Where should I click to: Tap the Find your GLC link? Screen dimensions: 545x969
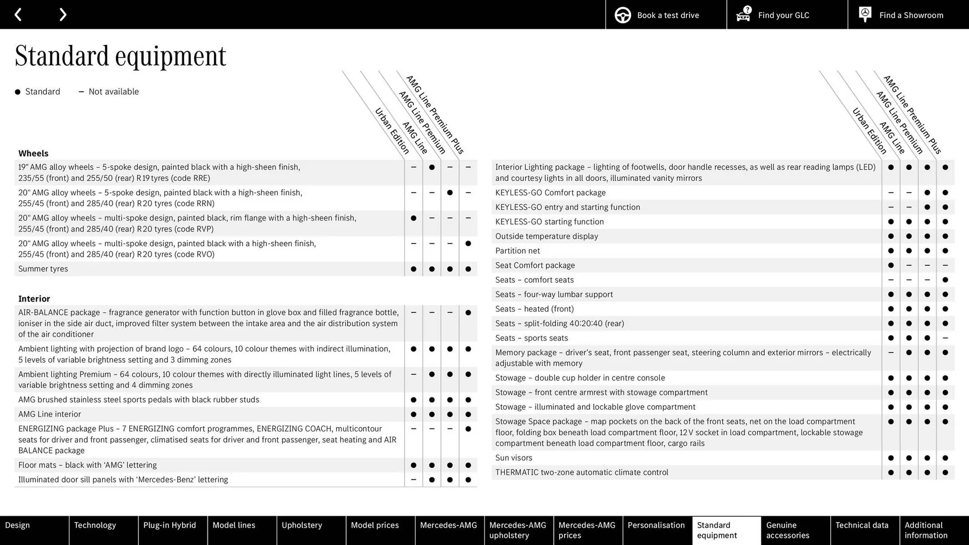783,15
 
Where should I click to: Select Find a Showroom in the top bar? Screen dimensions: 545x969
910,15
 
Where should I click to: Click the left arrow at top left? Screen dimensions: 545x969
18,15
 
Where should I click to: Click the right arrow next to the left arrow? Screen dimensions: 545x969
63,15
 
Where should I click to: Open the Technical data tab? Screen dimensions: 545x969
862,525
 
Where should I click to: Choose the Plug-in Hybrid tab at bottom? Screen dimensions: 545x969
170,525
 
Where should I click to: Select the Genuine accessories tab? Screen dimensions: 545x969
787,530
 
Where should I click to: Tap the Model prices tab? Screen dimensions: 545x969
374,525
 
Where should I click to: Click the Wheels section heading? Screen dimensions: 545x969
33,153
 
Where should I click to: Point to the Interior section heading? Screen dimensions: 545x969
34,299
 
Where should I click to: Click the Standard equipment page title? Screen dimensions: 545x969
121,56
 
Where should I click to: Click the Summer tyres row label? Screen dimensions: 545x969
43,269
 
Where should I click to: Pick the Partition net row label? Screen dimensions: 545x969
517,251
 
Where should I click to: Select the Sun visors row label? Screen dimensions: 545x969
513,458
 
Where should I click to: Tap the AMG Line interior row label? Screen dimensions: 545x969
49,414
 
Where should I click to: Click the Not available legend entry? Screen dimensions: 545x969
113,92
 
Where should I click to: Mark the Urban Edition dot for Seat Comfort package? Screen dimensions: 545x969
891,265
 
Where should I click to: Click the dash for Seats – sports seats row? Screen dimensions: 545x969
945,338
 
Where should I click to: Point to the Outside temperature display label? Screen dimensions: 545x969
547,236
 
